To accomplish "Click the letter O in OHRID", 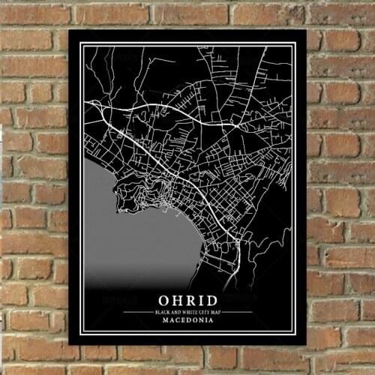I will tap(162, 298).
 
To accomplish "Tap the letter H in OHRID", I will tap(175, 298).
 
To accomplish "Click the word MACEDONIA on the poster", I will tap(187, 320).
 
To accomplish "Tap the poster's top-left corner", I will tap(69, 31).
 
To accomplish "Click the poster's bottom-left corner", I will tap(69, 344).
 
